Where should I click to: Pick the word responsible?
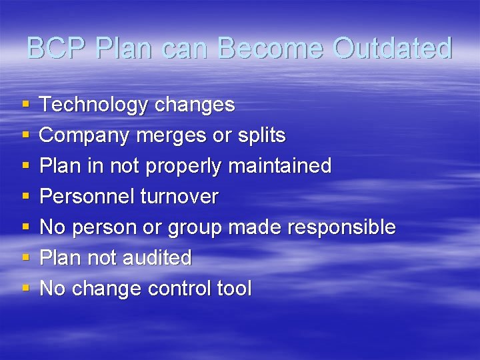[x=341, y=227]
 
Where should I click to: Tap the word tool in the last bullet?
[x=234, y=289]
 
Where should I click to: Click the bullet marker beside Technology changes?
[x=25, y=105]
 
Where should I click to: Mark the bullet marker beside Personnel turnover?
[x=25, y=197]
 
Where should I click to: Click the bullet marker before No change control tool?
[x=25, y=289]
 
